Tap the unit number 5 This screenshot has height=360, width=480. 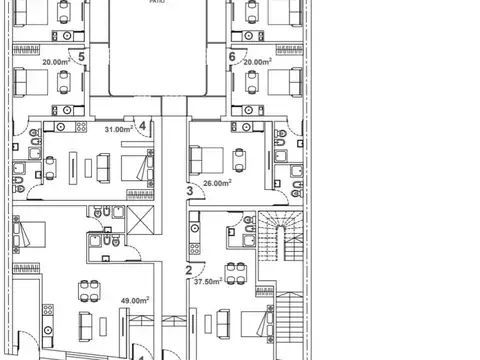tap(82, 57)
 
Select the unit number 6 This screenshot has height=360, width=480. tap(232, 57)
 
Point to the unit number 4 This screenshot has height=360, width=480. tap(143, 126)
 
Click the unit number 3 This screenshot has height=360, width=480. tap(188, 190)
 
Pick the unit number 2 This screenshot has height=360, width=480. tap(188, 268)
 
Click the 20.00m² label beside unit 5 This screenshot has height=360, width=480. tap(55, 60)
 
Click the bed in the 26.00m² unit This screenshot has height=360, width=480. tap(206, 158)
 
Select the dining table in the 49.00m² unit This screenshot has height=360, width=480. tap(88, 289)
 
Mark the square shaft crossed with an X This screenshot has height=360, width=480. tap(139, 223)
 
